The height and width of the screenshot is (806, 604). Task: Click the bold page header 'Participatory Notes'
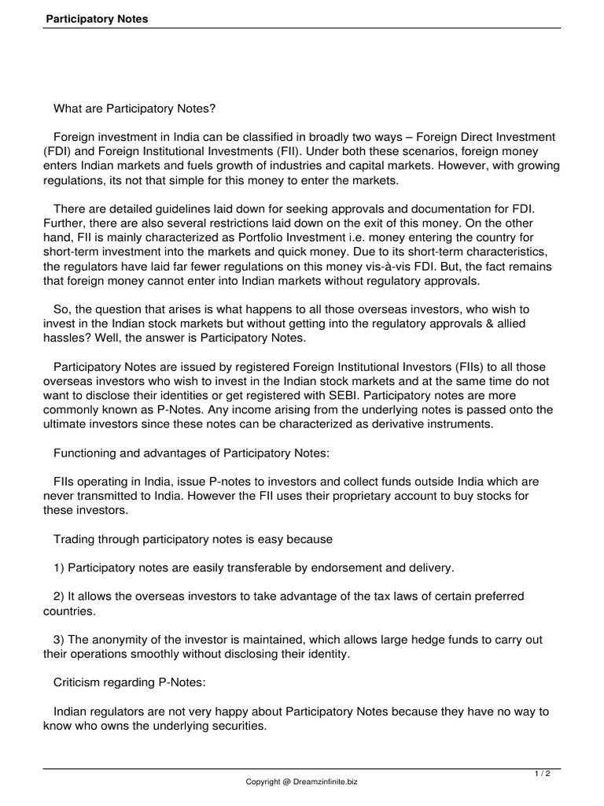[x=95, y=19]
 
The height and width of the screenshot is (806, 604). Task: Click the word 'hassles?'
[x=67, y=338]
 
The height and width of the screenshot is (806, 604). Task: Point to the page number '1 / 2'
[x=543, y=775]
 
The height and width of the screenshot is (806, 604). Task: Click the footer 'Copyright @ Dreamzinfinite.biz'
[x=301, y=782]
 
